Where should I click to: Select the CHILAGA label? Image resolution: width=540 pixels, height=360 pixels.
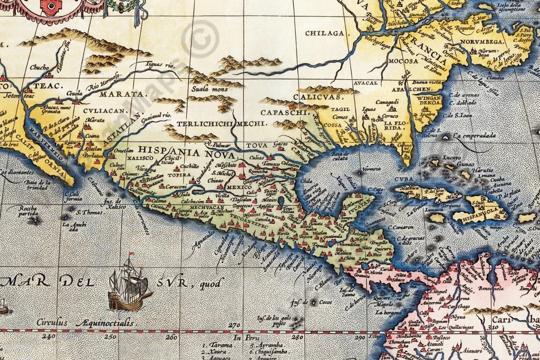(325, 33)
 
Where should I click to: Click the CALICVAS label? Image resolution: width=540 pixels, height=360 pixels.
(310, 97)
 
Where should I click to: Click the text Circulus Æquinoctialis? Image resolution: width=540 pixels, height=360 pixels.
(85, 323)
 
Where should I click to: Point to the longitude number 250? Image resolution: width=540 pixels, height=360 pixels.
(110, 336)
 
